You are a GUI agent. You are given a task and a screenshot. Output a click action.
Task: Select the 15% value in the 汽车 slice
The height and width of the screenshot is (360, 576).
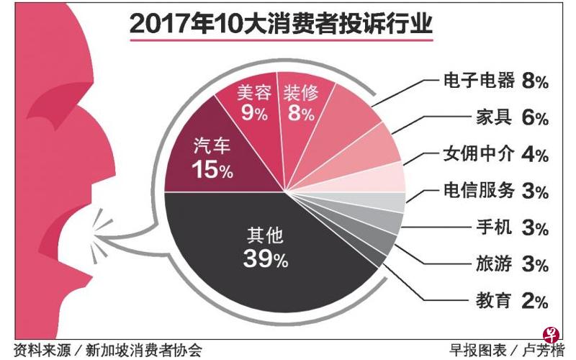[212, 171]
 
